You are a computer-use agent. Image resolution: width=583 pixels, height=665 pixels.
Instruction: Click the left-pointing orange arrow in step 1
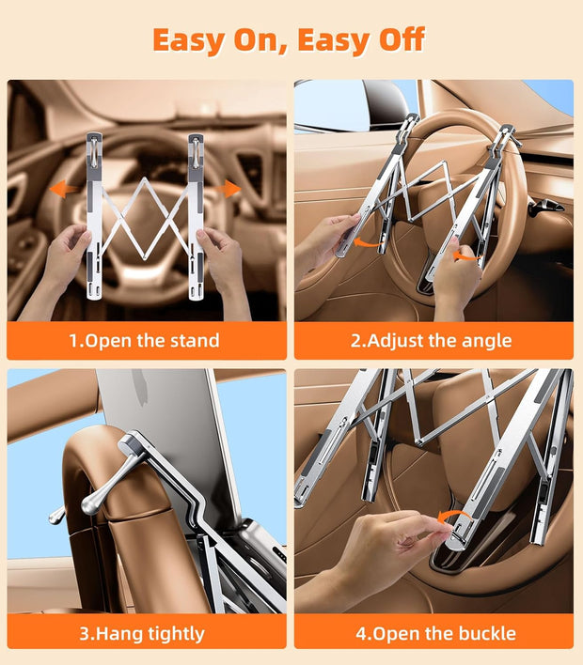[x=63, y=189]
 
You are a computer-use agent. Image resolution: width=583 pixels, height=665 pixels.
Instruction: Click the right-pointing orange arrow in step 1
[x=228, y=189]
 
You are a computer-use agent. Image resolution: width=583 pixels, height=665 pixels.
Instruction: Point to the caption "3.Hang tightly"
[x=142, y=633]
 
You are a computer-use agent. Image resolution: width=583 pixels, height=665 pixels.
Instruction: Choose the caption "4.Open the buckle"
[x=435, y=633]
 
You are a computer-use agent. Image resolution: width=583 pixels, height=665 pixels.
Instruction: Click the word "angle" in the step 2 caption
[x=485, y=340]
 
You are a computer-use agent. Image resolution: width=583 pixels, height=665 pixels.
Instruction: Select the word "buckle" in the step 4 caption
[x=484, y=633]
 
